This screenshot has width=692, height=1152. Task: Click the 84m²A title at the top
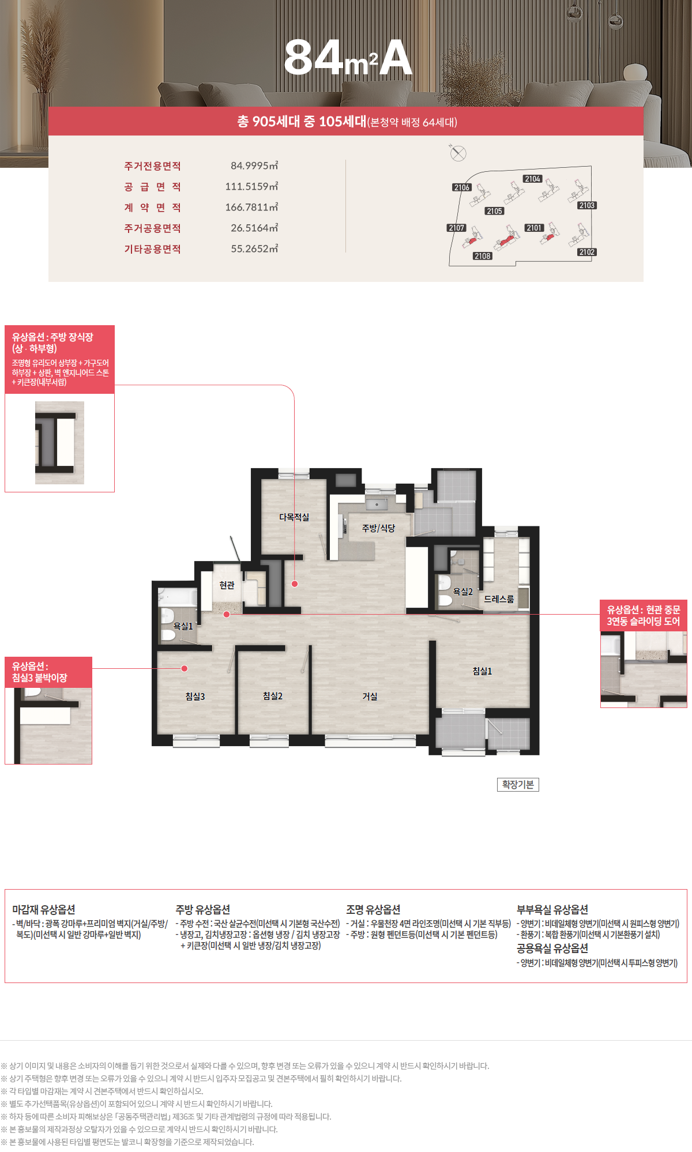pyautogui.click(x=348, y=58)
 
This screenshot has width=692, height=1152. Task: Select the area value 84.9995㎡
pyautogui.click(x=254, y=166)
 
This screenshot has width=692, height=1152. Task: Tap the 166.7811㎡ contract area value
pyautogui.click(x=251, y=208)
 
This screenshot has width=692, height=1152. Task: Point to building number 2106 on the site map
pyautogui.click(x=462, y=187)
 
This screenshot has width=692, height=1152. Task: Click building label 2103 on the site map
pyautogui.click(x=587, y=205)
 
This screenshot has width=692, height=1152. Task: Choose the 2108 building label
pyautogui.click(x=483, y=256)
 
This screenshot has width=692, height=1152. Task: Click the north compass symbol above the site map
pyautogui.click(x=458, y=153)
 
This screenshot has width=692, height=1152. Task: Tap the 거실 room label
pyautogui.click(x=370, y=697)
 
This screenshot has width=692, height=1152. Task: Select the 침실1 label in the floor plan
pyautogui.click(x=482, y=671)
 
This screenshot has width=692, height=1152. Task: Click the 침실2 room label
pyautogui.click(x=273, y=696)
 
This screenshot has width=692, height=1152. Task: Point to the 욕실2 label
pyautogui.click(x=462, y=592)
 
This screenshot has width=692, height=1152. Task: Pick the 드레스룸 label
pyautogui.click(x=499, y=599)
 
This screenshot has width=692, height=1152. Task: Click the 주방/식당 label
pyautogui.click(x=378, y=528)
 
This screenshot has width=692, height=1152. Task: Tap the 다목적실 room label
pyautogui.click(x=294, y=517)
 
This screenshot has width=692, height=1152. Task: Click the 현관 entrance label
pyautogui.click(x=227, y=585)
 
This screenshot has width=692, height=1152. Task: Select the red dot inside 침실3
pyautogui.click(x=185, y=668)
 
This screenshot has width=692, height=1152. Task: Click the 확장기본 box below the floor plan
pyautogui.click(x=518, y=785)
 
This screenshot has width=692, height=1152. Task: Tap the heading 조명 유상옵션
pyautogui.click(x=373, y=909)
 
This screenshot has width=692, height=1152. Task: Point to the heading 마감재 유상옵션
pyautogui.click(x=44, y=909)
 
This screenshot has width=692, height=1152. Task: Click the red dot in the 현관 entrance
pyautogui.click(x=227, y=614)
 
